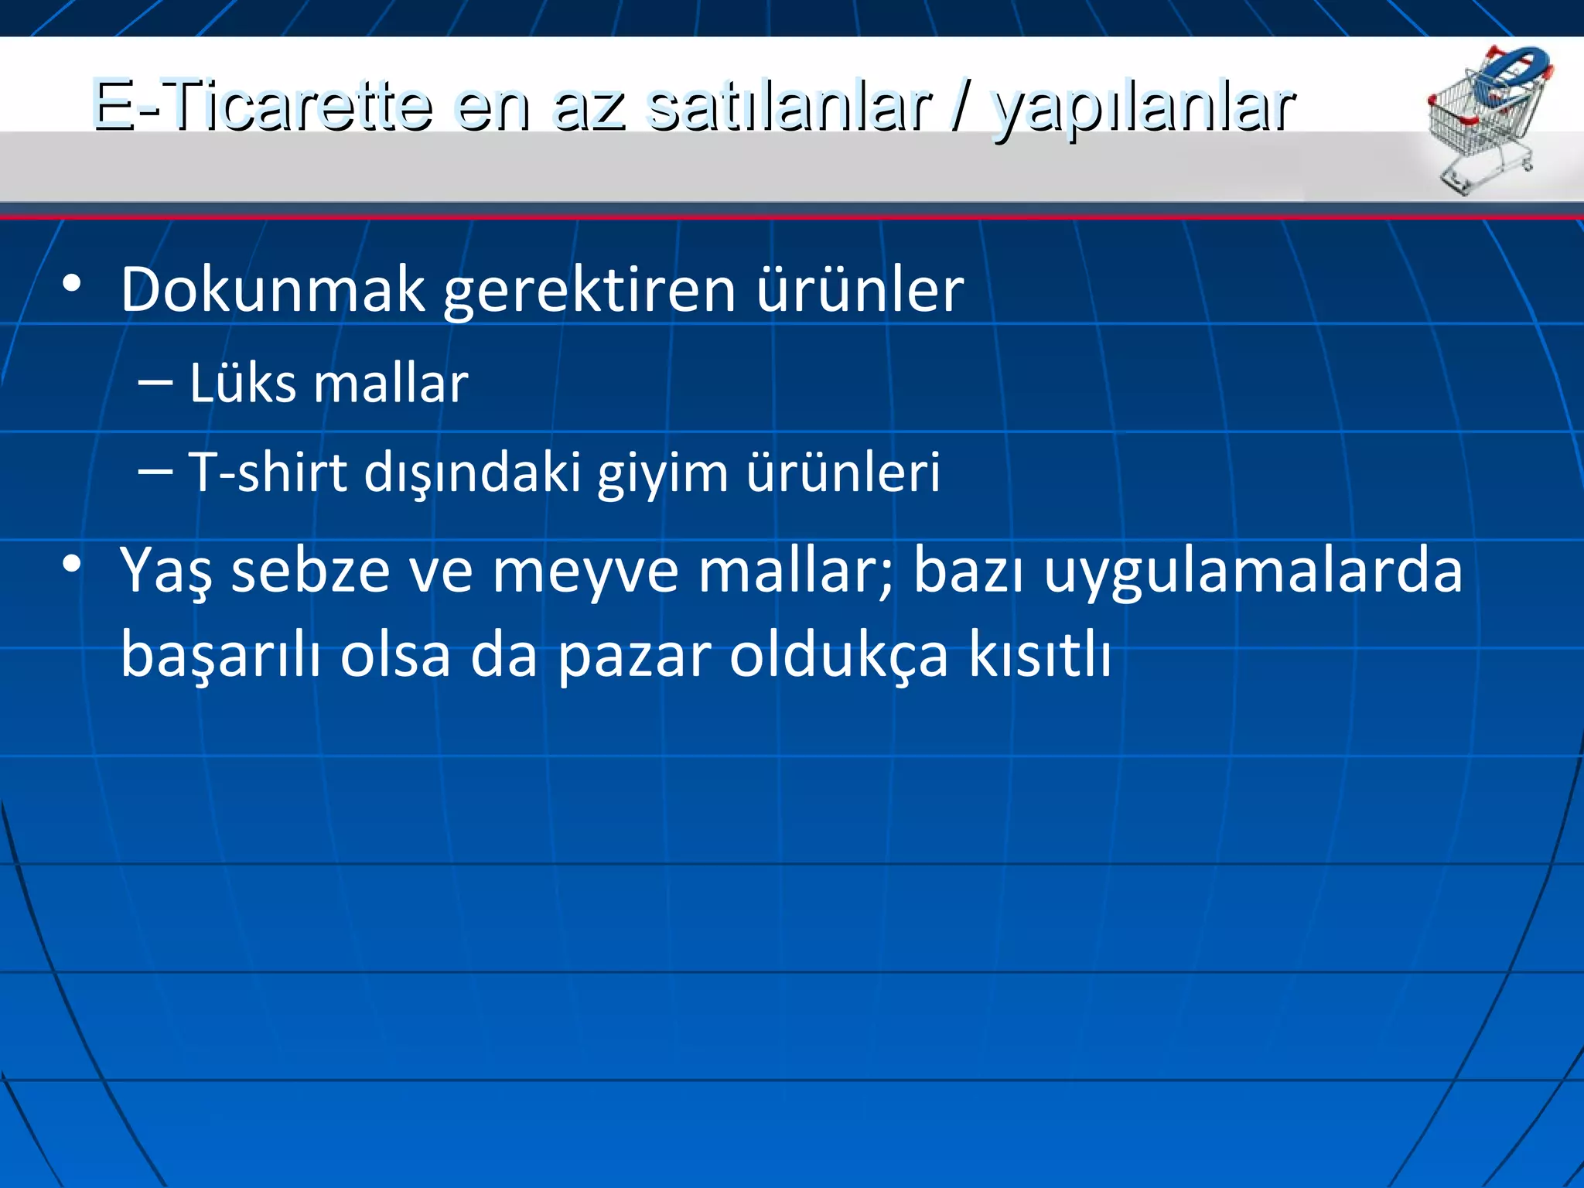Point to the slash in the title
[960, 107]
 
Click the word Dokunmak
[272, 289]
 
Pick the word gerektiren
[589, 291]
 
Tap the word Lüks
[243, 383]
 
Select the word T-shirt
[268, 472]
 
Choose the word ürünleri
[843, 472]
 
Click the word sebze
[310, 571]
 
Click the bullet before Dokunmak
[72, 285]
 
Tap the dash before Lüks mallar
[155, 382]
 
